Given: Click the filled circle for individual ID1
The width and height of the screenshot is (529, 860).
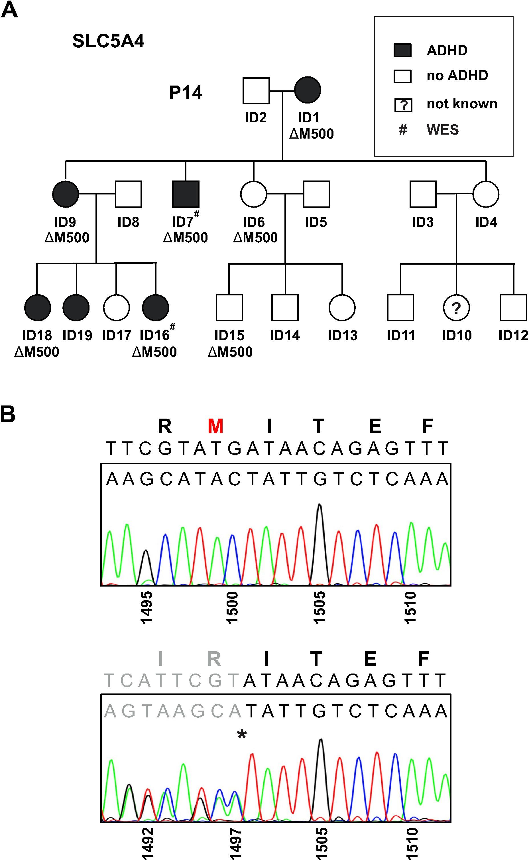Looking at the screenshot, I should (308, 90).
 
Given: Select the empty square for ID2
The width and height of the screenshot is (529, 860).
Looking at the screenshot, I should (256, 91).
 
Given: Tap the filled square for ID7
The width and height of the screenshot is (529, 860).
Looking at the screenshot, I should (186, 194).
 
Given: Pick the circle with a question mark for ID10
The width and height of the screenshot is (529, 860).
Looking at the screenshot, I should (456, 308).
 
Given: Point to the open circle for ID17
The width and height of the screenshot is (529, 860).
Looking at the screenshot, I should (117, 308).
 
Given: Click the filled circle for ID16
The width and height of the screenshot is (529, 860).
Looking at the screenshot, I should (156, 308).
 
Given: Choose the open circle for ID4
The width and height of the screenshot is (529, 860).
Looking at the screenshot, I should (486, 194).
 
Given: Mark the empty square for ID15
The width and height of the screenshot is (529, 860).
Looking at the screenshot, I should (229, 308).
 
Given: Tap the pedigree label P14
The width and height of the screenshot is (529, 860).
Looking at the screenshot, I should (186, 93).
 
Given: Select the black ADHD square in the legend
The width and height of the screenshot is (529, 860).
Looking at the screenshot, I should (402, 50).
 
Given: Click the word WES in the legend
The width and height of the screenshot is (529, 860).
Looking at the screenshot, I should (442, 130).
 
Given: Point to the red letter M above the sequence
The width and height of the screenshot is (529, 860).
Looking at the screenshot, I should (215, 426).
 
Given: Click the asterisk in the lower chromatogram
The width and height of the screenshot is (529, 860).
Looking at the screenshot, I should (241, 734).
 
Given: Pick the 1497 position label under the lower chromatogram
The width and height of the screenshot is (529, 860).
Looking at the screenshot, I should (235, 843).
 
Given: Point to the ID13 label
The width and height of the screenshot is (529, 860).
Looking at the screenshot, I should (343, 335).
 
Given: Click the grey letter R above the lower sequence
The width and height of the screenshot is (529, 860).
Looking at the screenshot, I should (214, 659).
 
